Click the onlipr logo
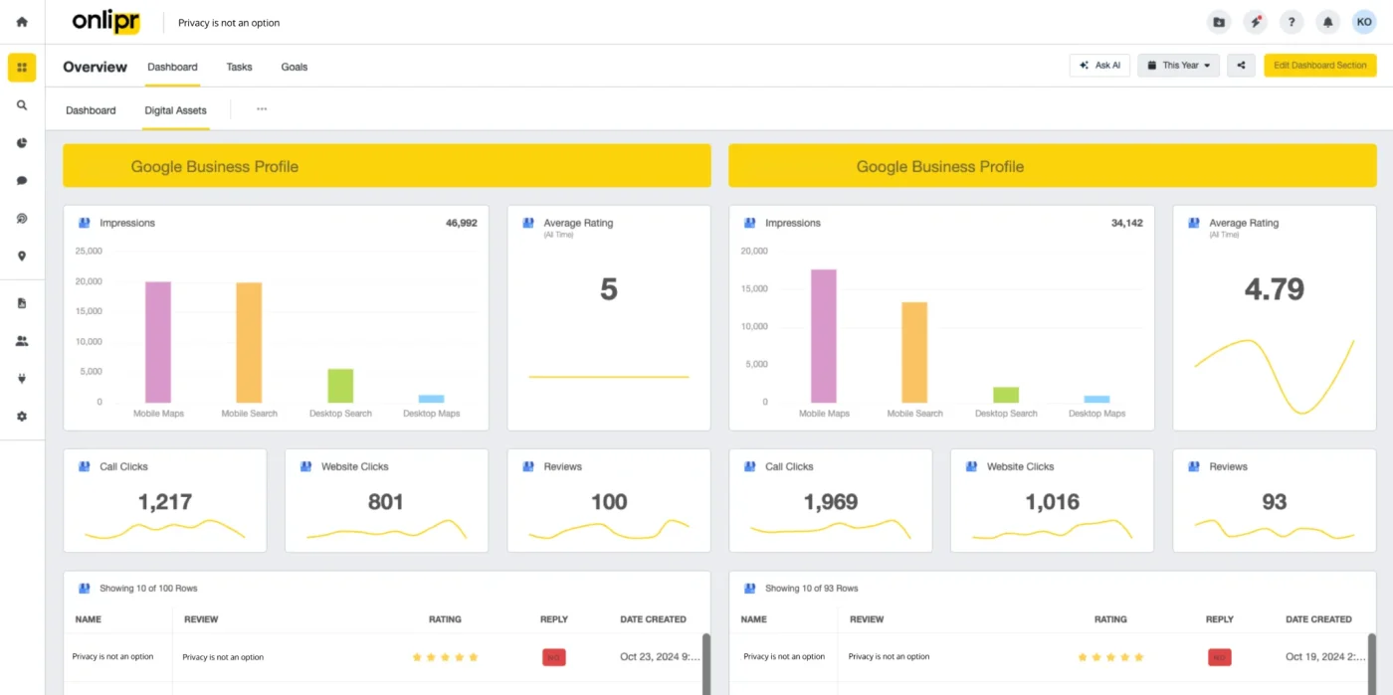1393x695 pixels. (105, 22)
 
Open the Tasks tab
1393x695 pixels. (239, 67)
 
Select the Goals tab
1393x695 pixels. (295, 67)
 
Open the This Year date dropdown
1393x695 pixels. (1178, 66)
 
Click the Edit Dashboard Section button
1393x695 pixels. (1319, 66)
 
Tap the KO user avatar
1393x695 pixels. (1364, 22)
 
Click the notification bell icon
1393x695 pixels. (1327, 23)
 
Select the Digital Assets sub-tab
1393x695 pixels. (175, 110)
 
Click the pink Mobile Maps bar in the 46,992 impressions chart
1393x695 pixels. (158, 342)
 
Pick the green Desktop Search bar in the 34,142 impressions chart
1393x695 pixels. (1006, 395)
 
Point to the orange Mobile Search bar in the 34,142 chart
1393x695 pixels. (914, 353)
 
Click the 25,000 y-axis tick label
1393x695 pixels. (89, 252)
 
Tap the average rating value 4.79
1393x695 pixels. (1274, 289)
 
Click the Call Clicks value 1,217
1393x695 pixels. (165, 502)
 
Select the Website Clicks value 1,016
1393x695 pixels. (1052, 502)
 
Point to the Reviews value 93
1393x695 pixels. (1274, 502)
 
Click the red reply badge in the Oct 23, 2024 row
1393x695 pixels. (553, 657)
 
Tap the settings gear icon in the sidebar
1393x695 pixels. (22, 417)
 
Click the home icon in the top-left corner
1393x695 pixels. (22, 22)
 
